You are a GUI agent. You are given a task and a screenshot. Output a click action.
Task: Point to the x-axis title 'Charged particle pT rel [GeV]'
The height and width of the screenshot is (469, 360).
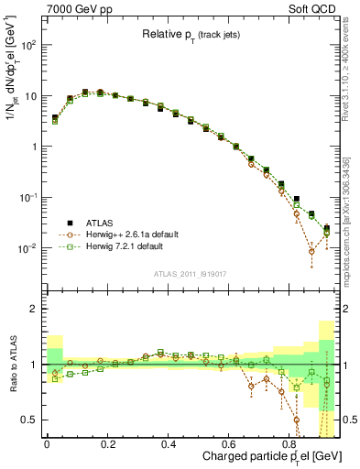click(x=266, y=457)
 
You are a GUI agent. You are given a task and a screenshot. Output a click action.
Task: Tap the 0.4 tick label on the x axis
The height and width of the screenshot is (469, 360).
click(x=169, y=444)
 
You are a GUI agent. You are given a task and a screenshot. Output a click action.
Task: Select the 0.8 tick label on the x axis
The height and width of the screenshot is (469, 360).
click(x=290, y=444)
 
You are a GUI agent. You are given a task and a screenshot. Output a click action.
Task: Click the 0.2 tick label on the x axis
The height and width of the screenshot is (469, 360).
click(x=107, y=444)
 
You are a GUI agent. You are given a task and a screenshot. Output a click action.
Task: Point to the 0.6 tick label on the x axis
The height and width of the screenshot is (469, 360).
click(x=230, y=444)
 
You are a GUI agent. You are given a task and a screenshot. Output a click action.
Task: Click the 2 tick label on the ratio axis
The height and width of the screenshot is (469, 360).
click(x=35, y=309)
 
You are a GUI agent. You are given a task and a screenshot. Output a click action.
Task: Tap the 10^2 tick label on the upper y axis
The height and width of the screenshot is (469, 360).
click(x=28, y=45)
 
